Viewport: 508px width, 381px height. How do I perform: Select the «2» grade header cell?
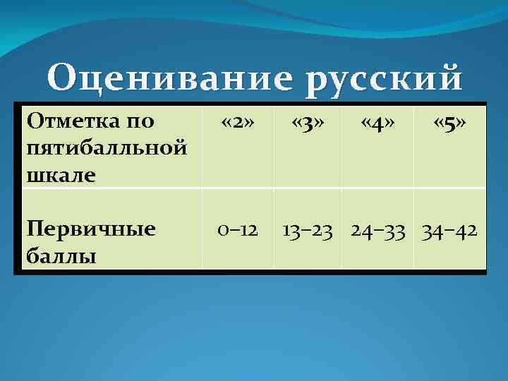click(x=238, y=124)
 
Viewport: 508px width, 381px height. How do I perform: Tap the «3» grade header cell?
click(x=308, y=124)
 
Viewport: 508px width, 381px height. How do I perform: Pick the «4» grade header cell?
click(x=377, y=124)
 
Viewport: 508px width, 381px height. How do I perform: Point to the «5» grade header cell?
click(x=449, y=124)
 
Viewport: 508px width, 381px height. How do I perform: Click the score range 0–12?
click(x=238, y=230)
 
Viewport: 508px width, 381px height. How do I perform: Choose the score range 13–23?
click(x=308, y=230)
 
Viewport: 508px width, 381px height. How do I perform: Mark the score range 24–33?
click(x=377, y=230)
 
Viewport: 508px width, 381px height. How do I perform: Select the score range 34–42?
click(x=449, y=230)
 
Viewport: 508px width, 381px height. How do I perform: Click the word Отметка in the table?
click(x=64, y=121)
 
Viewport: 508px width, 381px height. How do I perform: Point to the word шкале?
click(x=60, y=174)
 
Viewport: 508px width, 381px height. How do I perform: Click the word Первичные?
click(x=90, y=229)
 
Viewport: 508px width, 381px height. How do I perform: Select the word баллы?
click(x=59, y=255)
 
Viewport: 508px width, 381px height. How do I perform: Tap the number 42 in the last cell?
click(x=466, y=230)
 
